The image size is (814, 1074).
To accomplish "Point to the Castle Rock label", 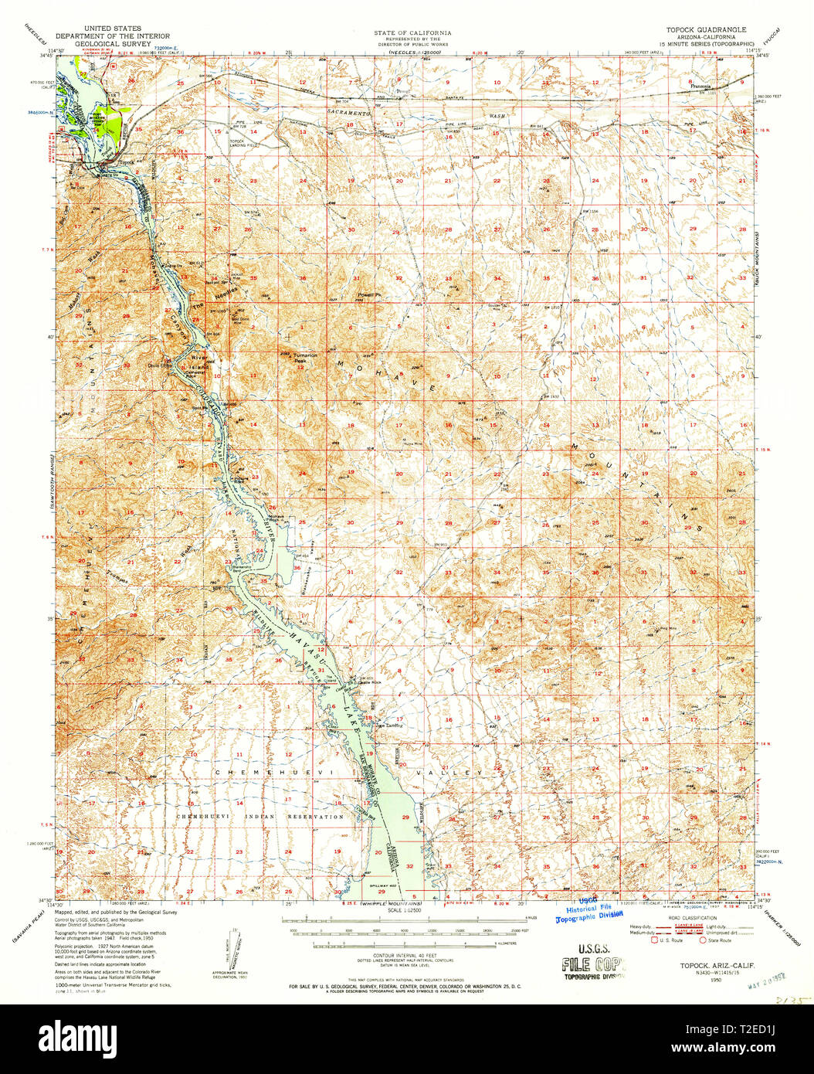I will [368, 681].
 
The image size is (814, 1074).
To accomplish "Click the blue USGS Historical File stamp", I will [588, 913].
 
